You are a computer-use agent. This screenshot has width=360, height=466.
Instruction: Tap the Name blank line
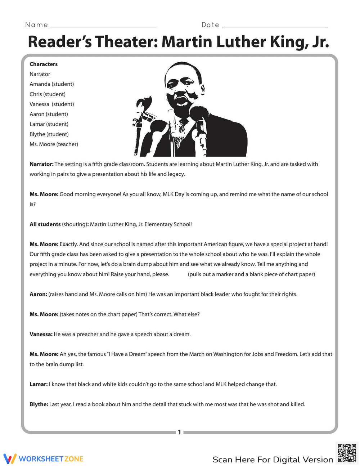pos(104,26)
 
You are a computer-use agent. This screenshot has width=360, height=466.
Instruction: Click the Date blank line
pos(275,26)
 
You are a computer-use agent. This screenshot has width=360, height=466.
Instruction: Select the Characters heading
pos(44,64)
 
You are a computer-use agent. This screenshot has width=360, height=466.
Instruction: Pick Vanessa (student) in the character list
pos(51,104)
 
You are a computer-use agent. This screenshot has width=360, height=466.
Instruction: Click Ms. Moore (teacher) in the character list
pos(54,144)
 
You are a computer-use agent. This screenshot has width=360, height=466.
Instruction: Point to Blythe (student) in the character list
pos(49,134)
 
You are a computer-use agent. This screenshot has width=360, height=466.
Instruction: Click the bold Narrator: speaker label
pos(41,164)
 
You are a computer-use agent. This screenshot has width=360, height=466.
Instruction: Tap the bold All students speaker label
pos(45,224)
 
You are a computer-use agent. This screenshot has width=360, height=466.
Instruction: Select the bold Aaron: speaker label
pos(38,294)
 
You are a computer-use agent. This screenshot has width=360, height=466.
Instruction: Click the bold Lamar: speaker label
pos(39,384)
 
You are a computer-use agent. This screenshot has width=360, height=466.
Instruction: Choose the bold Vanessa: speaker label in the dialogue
pos(41,334)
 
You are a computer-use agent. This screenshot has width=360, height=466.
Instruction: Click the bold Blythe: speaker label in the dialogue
pos(39,404)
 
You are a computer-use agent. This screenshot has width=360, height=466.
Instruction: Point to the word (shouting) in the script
pos(74,224)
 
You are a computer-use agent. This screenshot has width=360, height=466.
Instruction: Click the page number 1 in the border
pos(180,432)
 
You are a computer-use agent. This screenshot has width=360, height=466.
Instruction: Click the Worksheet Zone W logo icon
pos(10,458)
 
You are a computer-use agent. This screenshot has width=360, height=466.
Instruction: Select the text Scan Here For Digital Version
pos(273,460)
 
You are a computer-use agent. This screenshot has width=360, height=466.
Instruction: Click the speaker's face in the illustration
pos(184,86)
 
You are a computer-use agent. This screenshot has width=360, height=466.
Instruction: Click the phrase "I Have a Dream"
pos(126,354)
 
